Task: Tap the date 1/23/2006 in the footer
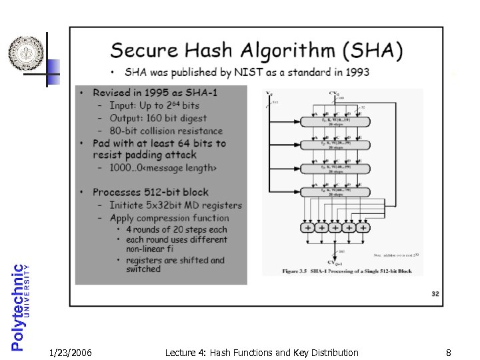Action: click(71, 353)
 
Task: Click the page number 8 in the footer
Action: click(449, 353)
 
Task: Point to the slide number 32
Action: click(435, 293)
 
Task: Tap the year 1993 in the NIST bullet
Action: click(357, 72)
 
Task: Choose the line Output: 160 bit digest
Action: click(155, 118)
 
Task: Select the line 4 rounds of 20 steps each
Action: click(176, 229)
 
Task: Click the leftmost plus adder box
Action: click(309, 227)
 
